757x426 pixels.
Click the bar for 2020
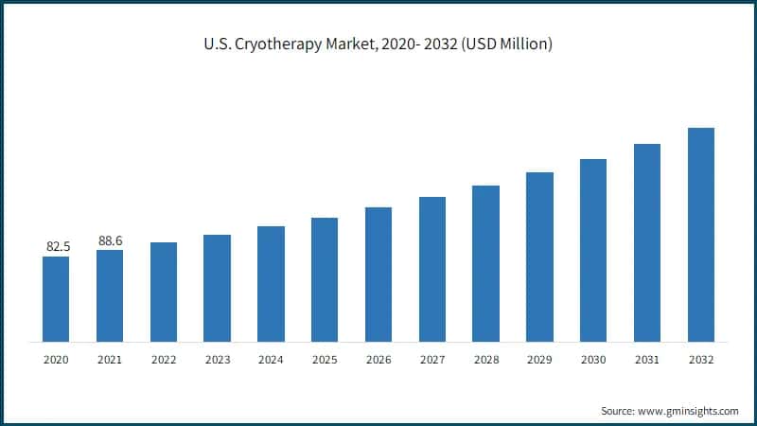[x=56, y=299]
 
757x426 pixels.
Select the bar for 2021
[x=110, y=295]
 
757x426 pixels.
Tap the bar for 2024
[x=271, y=284]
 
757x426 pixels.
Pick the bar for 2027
[x=432, y=269]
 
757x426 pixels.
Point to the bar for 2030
[x=593, y=250]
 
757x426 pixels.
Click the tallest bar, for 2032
[x=701, y=235]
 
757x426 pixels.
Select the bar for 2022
[x=164, y=292]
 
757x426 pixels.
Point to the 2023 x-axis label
[x=218, y=361]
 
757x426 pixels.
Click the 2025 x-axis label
[x=325, y=361]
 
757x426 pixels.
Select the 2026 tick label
[x=378, y=361]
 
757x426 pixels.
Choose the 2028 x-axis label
[x=486, y=361]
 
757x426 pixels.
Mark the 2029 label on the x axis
[x=539, y=361]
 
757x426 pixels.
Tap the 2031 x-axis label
[x=647, y=361]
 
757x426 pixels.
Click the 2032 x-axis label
[x=701, y=361]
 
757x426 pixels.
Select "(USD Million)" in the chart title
[x=505, y=44]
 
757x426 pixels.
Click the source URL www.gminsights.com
[x=687, y=411]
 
